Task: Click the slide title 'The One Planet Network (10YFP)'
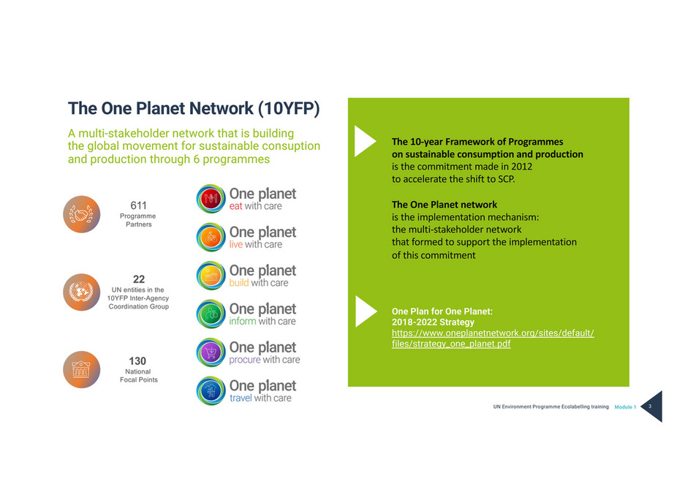pyautogui.click(x=194, y=108)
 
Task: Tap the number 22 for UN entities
pyautogui.click(x=139, y=279)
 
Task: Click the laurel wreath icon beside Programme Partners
pyautogui.click(x=82, y=214)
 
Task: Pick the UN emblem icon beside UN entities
pyautogui.click(x=82, y=292)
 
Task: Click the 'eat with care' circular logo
pyautogui.click(x=211, y=199)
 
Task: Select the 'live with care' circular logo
pyautogui.click(x=211, y=237)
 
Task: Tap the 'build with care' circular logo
pyautogui.click(x=211, y=276)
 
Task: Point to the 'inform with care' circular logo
pyautogui.click(x=211, y=314)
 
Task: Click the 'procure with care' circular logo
pyautogui.click(x=211, y=352)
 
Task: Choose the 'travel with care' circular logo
pyautogui.click(x=211, y=390)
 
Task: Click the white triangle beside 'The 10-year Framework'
pyautogui.click(x=364, y=142)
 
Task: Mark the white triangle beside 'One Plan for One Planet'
pyautogui.click(x=364, y=312)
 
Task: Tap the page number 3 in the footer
pyautogui.click(x=650, y=406)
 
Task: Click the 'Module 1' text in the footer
pyautogui.click(x=625, y=406)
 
